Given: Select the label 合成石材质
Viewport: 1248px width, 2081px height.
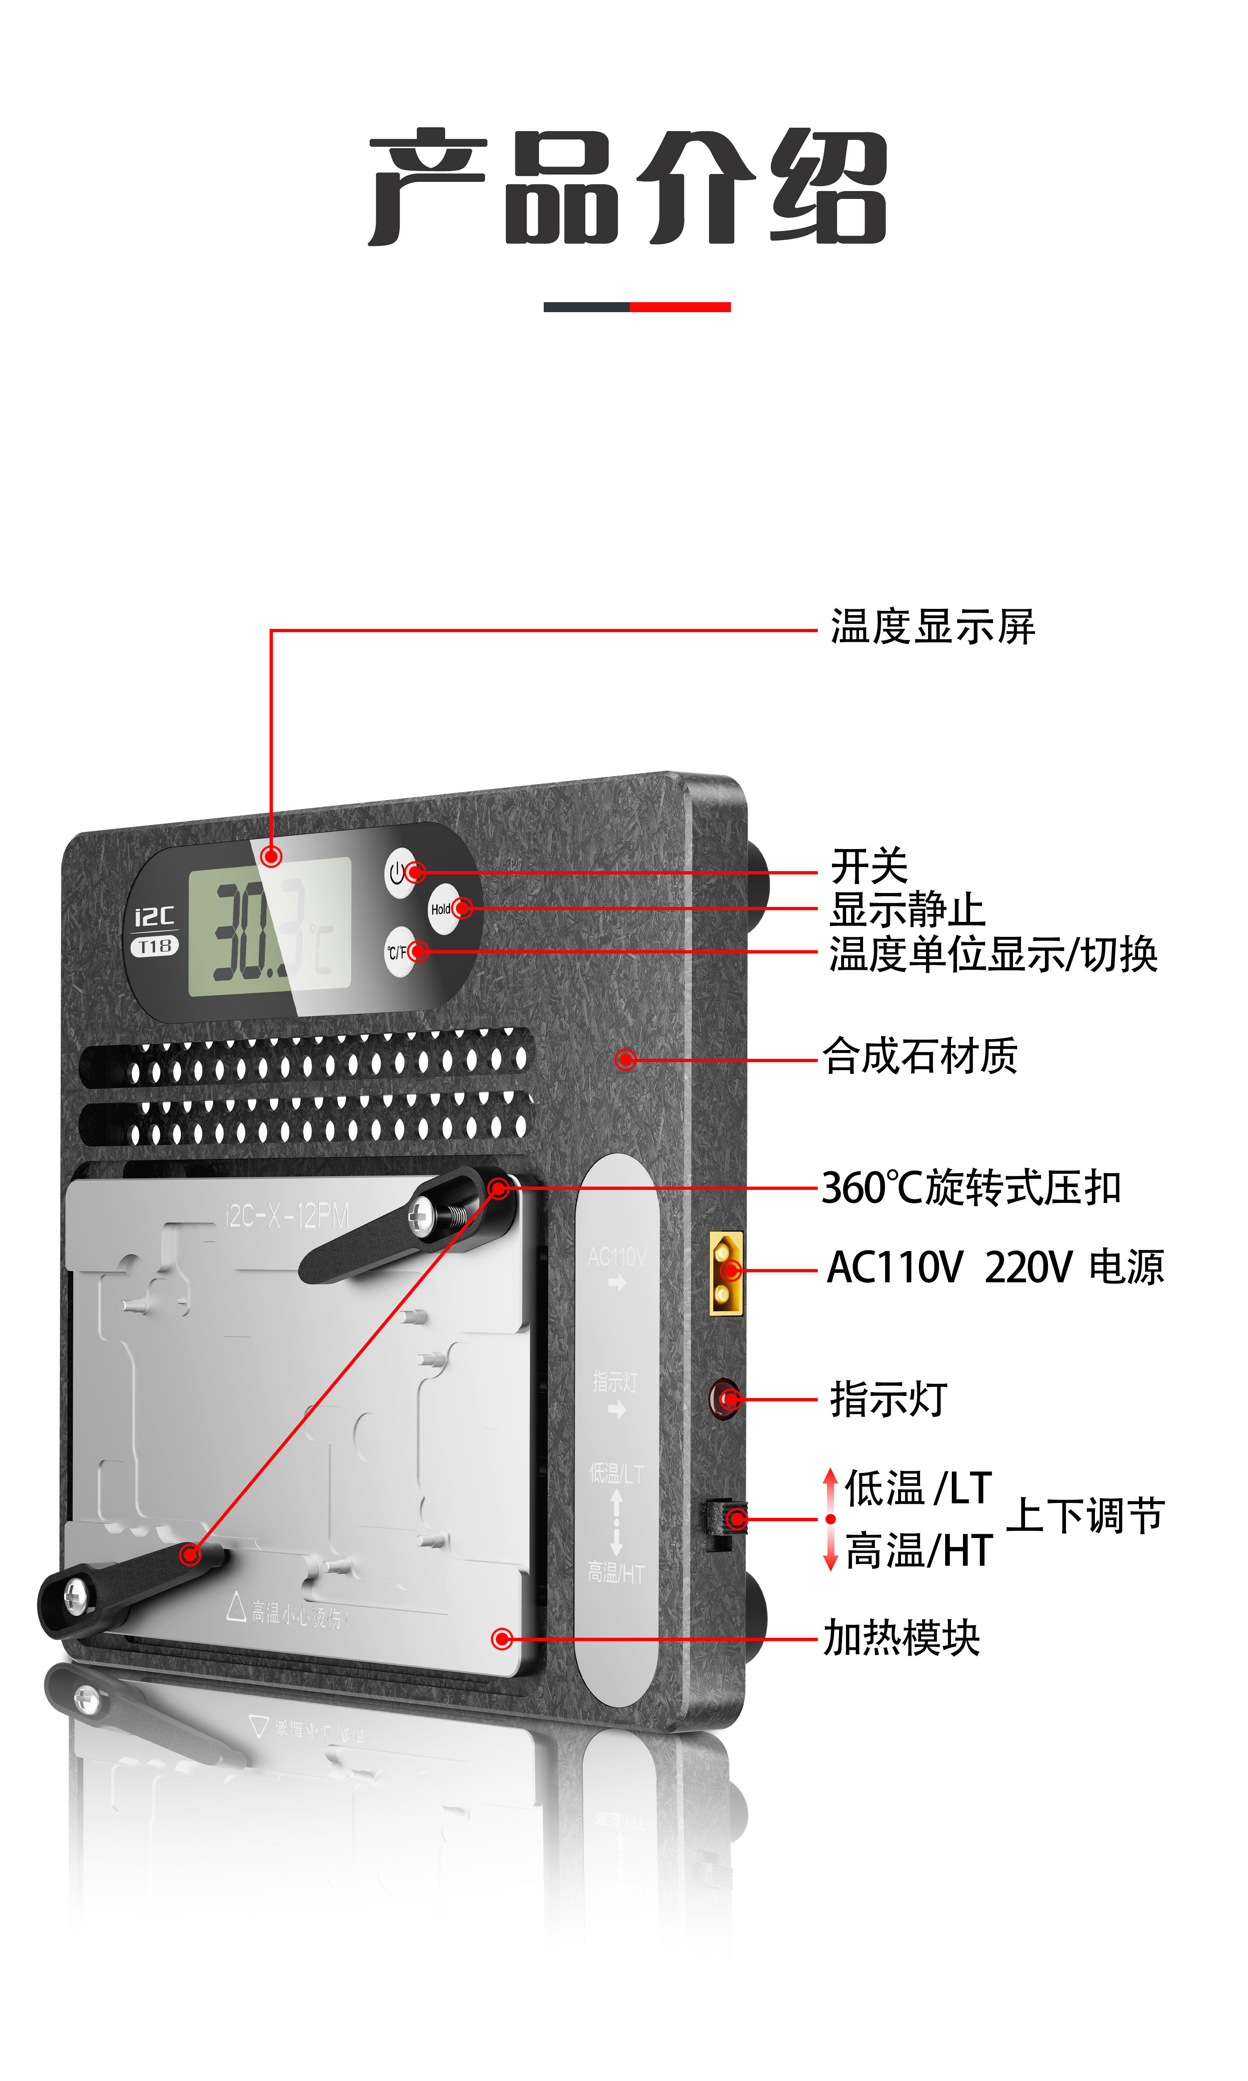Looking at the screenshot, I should [x=919, y=1056].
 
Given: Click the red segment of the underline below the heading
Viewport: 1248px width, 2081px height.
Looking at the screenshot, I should [x=679, y=307].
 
